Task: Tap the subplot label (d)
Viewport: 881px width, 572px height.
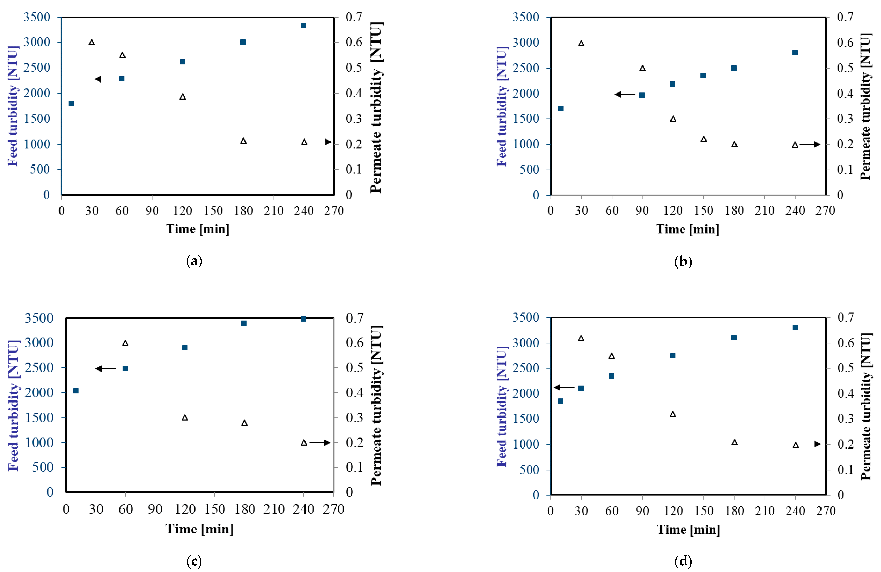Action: click(683, 561)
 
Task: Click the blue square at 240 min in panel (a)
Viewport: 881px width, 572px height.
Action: click(304, 25)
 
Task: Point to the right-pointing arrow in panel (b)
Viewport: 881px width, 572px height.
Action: click(810, 145)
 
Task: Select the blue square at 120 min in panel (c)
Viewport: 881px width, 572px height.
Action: click(185, 348)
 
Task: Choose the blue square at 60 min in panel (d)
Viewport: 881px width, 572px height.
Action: click(612, 376)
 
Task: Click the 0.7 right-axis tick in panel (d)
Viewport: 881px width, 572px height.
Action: click(846, 317)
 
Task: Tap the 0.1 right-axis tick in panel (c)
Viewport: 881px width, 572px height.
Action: click(355, 467)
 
